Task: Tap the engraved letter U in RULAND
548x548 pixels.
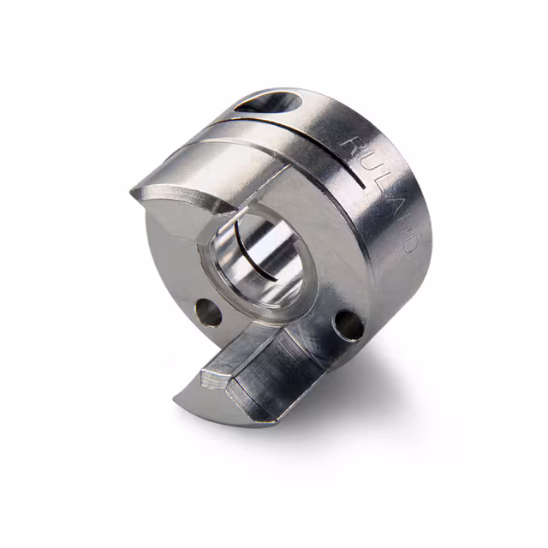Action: (366, 171)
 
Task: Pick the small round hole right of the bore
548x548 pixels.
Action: (347, 323)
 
